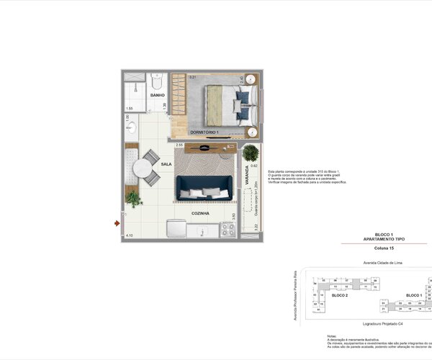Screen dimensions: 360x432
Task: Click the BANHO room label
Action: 157,95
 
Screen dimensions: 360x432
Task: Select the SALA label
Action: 166,164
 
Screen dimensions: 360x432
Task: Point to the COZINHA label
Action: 200,214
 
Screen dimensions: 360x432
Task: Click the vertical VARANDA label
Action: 246,176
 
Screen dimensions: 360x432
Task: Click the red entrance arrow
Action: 117,223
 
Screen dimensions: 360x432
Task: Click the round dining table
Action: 140,169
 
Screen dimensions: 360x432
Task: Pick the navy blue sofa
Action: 204,186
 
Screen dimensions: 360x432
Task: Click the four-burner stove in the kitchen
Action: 228,229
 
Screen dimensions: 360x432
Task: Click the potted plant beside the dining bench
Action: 132,197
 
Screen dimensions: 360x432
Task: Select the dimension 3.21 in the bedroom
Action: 192,76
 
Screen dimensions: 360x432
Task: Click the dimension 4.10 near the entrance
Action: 129,235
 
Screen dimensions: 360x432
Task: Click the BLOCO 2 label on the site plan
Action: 339,295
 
